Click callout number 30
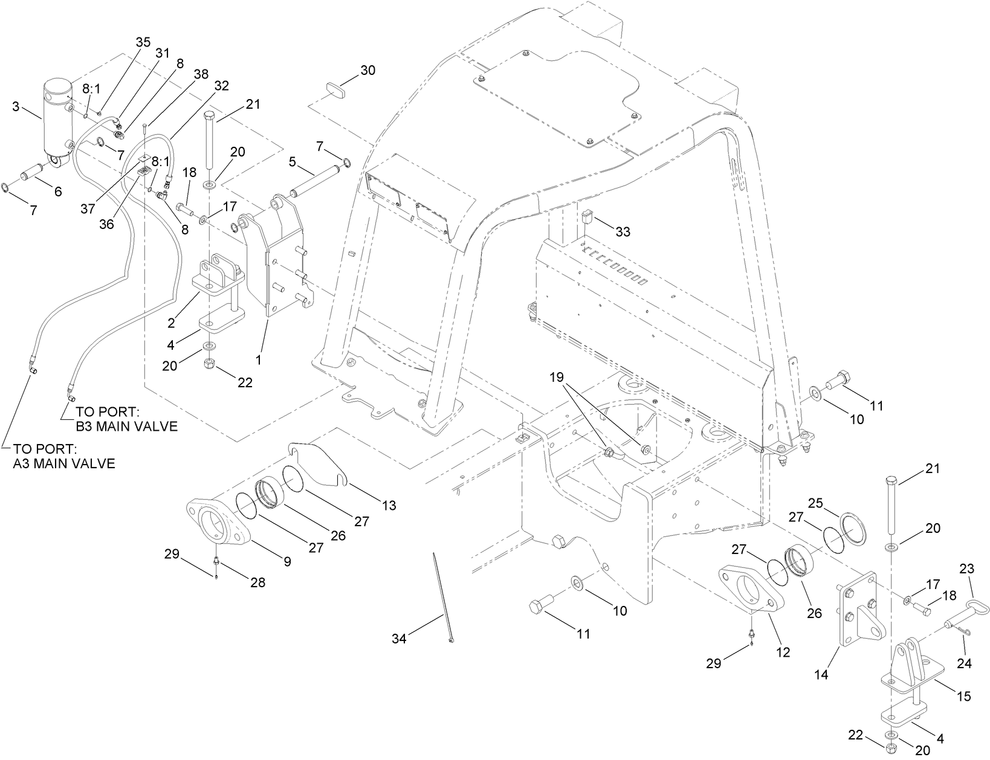pos(367,70)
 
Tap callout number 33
pos(623,231)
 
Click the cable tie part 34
pos(443,597)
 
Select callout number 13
pos(389,505)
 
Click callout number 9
pos(287,561)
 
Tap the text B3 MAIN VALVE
pos(126,427)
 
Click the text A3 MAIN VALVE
pos(64,464)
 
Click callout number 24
pos(964,663)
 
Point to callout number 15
pos(963,696)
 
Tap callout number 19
pos(557,378)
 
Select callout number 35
pos(143,42)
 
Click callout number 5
pos(292,162)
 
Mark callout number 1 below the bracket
pos(259,359)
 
